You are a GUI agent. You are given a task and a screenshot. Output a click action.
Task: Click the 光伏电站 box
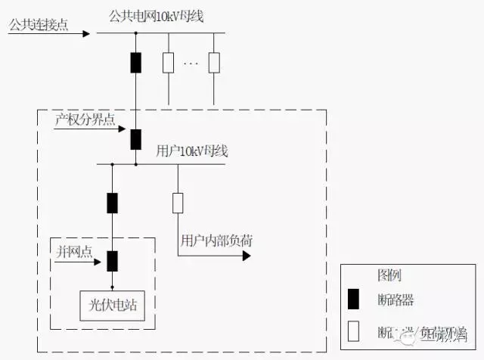tap(113, 306)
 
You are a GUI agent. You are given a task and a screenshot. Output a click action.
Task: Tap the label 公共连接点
tap(38, 25)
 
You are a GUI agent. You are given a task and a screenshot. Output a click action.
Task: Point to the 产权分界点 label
tap(84, 120)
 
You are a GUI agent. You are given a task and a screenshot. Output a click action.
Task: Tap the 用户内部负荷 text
tap(216, 242)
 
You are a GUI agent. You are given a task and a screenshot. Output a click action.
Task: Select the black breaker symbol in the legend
tap(353, 299)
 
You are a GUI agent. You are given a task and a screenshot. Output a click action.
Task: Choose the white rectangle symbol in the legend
tap(353, 331)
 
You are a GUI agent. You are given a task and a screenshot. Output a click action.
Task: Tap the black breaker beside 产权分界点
tap(135, 139)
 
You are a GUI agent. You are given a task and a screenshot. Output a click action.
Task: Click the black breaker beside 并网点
tap(112, 260)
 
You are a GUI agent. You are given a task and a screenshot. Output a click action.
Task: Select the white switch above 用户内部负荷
tap(178, 203)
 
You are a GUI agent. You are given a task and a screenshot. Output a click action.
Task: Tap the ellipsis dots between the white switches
tap(190, 63)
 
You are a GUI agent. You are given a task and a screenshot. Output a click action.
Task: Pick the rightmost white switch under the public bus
tap(214, 62)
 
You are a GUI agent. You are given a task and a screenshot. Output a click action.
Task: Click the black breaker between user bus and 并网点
tap(112, 203)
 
